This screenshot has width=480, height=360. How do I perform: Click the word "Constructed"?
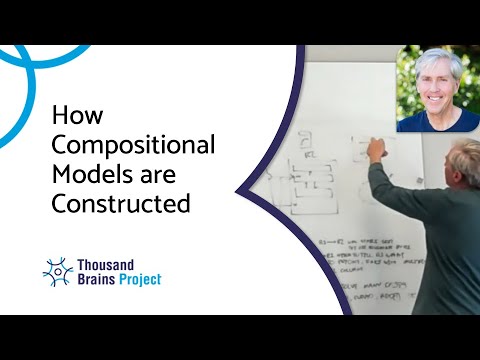(121, 205)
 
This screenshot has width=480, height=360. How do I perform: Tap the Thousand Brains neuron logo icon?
(58, 271)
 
